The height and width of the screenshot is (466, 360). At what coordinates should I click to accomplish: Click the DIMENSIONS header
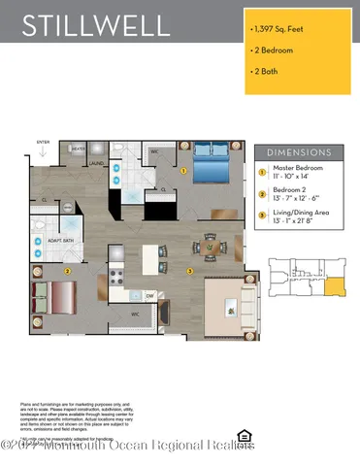[298, 151]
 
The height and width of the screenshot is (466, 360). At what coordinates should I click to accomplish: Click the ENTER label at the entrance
[43, 141]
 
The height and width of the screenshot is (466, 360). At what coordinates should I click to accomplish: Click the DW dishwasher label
[150, 295]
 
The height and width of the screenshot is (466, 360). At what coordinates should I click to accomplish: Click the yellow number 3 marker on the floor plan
[191, 270]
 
